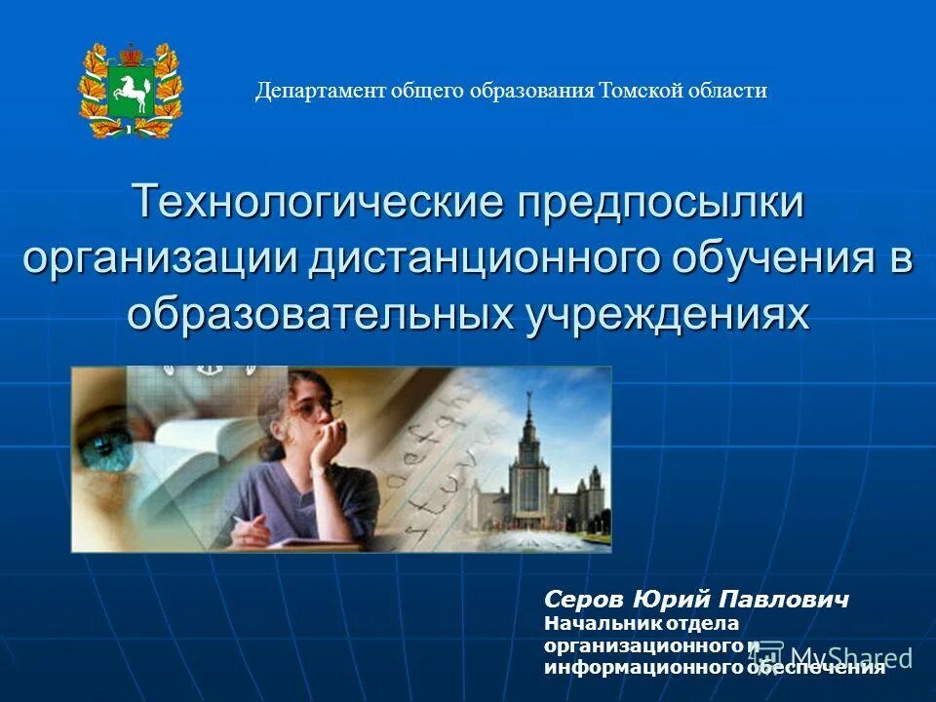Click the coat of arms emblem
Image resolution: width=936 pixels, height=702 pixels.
point(131,91)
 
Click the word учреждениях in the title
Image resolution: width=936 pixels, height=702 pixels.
point(669,313)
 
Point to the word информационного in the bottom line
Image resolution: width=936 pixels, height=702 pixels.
point(643,668)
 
